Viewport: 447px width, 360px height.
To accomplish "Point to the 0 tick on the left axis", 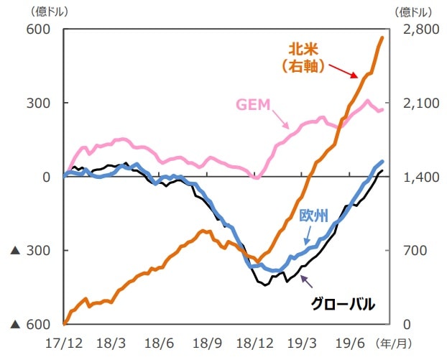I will [x=45, y=177].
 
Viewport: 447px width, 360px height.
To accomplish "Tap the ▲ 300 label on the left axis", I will [x=29, y=251].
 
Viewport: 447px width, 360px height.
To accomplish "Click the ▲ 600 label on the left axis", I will [x=29, y=325].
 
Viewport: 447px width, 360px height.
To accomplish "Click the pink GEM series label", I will [x=253, y=103].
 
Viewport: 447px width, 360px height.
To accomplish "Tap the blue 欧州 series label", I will [x=313, y=215].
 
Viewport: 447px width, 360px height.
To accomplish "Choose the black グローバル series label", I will [x=343, y=304].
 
